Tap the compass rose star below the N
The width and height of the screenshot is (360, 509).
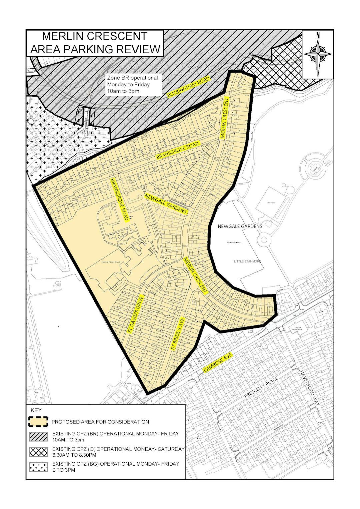(x=318, y=54)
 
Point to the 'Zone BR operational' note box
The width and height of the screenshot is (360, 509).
(x=132, y=84)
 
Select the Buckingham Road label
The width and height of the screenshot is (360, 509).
(x=189, y=87)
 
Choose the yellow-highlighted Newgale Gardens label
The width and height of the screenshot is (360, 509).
(x=166, y=204)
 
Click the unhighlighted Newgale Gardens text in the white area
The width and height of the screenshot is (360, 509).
(x=240, y=226)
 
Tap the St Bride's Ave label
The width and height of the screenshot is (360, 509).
(x=178, y=333)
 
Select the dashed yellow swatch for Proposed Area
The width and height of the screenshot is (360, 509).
(x=39, y=422)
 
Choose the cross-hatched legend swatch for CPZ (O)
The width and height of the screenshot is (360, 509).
(x=39, y=452)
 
